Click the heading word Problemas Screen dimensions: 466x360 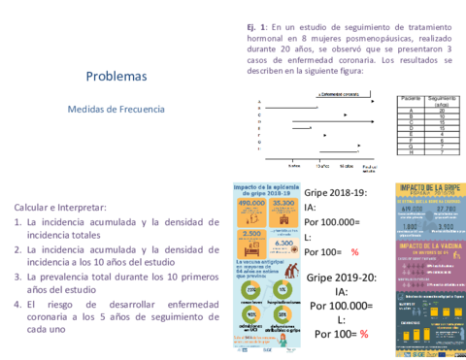tap(116, 76)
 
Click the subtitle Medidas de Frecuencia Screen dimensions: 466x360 tap(116, 110)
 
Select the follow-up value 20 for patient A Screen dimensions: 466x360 tap(442, 111)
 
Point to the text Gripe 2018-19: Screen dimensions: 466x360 tap(336, 192)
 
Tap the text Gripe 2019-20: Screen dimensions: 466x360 tap(340, 278)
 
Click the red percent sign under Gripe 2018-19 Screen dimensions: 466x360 tap(354, 252)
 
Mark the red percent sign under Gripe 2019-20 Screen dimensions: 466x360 tap(364, 335)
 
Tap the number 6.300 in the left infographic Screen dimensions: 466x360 tap(283, 245)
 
